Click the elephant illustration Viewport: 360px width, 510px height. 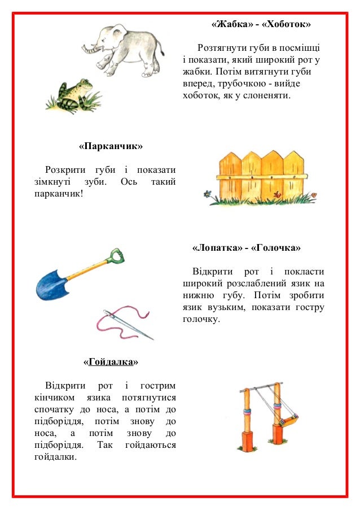point(127,50)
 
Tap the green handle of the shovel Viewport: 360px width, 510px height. point(117,256)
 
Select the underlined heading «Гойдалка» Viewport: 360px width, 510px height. point(111,361)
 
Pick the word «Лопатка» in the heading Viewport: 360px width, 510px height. point(217,248)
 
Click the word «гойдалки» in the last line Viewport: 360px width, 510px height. point(55,456)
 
